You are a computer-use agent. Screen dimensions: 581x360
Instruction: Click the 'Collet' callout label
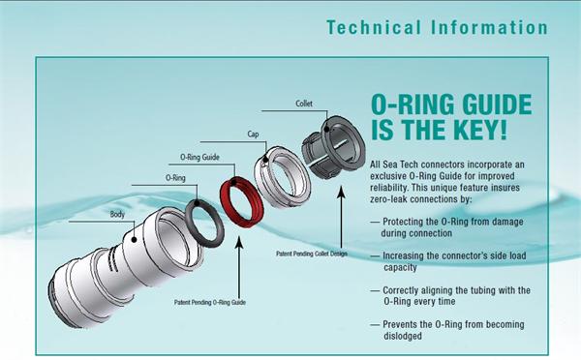pyautogui.click(x=304, y=104)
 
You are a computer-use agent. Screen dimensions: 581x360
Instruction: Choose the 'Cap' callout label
pyautogui.click(x=253, y=135)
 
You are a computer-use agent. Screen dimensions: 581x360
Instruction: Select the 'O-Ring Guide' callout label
pyautogui.click(x=199, y=157)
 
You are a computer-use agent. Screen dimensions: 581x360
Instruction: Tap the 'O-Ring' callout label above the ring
pyautogui.click(x=175, y=178)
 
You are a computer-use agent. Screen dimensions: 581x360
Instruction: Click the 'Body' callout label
pyautogui.click(x=117, y=214)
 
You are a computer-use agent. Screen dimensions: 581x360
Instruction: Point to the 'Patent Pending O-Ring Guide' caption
pyautogui.click(x=210, y=302)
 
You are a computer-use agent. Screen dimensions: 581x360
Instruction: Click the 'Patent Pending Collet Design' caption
pyautogui.click(x=312, y=254)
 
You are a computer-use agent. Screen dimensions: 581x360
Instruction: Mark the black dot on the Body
pyautogui.click(x=135, y=240)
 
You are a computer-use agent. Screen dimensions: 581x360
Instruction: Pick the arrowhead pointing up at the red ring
pyautogui.click(x=240, y=242)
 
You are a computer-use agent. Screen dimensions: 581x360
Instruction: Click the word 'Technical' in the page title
pyautogui.click(x=374, y=28)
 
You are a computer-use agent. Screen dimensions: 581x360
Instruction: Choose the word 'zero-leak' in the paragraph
pyautogui.click(x=388, y=199)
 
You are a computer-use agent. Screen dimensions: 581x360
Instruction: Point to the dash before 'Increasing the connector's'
pyautogui.click(x=375, y=255)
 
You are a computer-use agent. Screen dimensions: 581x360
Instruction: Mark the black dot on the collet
pyautogui.click(x=326, y=129)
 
